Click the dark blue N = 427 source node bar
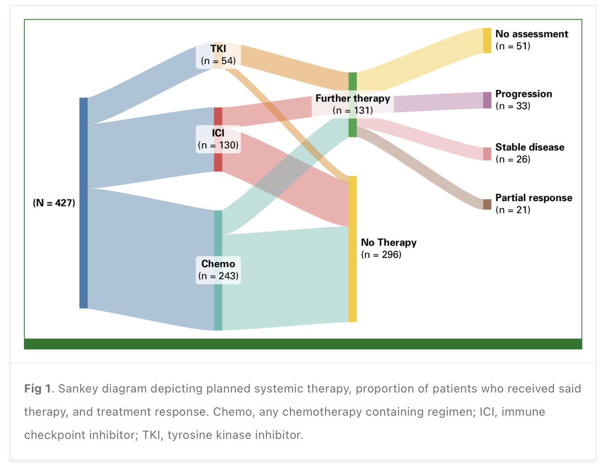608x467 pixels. tap(84, 203)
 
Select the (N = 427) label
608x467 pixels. tap(54, 203)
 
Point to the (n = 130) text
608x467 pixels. tap(218, 145)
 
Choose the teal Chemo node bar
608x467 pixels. tap(218, 304)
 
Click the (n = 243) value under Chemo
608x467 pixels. tap(218, 276)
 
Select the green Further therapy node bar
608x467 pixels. tap(353, 81)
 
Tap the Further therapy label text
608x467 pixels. tap(353, 98)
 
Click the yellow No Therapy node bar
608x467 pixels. tap(353, 284)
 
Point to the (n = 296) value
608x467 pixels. tap(381, 255)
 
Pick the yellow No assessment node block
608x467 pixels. tap(487, 41)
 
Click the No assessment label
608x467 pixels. tap(531, 34)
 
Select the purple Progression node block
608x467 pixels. tap(487, 100)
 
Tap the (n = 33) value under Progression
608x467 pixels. tap(512, 106)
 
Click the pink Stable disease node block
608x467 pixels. tap(487, 154)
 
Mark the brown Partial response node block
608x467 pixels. tap(487, 204)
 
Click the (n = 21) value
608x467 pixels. tap(512, 210)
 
